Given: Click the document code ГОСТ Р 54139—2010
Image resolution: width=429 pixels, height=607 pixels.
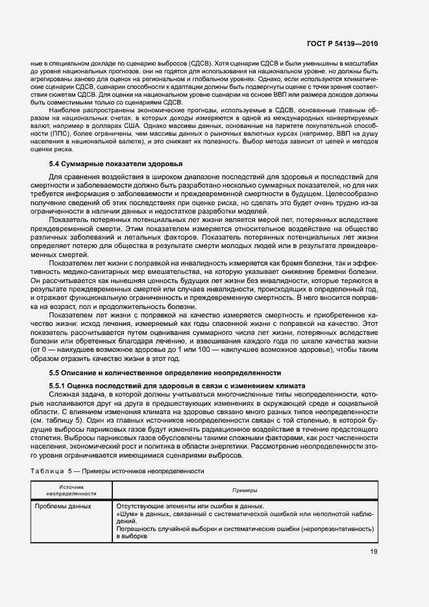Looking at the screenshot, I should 342,43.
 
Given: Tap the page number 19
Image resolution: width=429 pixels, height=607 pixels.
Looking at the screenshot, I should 374,552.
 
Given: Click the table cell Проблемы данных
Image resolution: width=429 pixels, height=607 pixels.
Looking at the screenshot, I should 63,506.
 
